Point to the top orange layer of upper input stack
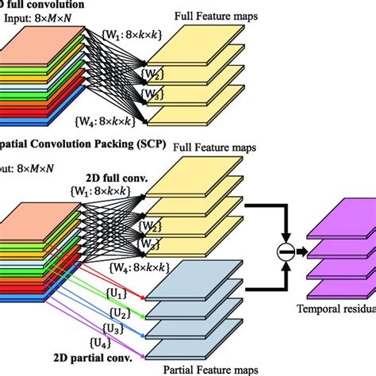click(x=48, y=49)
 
